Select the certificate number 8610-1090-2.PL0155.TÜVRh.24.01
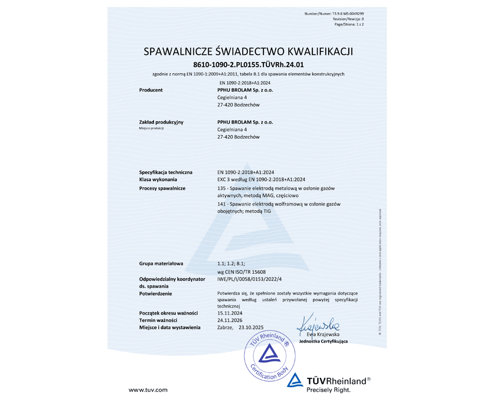(248, 65)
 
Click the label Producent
(151, 90)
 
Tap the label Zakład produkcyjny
(161, 122)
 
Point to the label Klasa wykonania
(158, 180)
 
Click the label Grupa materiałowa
(161, 263)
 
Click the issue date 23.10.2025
(251, 328)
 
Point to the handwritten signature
(318, 324)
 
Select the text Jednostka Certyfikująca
(323, 342)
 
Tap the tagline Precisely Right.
(329, 390)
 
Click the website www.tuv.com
(148, 389)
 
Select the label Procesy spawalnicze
(163, 188)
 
